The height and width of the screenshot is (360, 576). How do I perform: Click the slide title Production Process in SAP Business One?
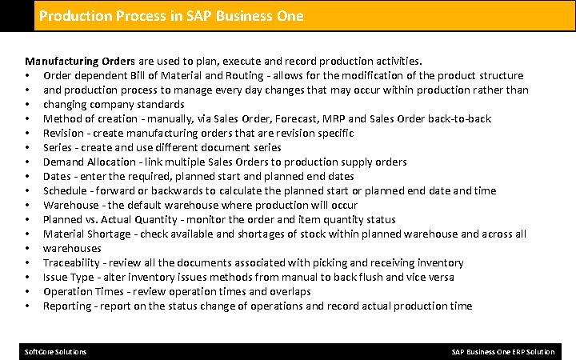point(171,16)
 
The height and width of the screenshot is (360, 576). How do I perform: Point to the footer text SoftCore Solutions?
point(56,352)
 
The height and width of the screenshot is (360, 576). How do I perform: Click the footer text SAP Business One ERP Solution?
point(502,352)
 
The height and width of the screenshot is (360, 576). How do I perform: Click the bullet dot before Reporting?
point(28,306)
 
